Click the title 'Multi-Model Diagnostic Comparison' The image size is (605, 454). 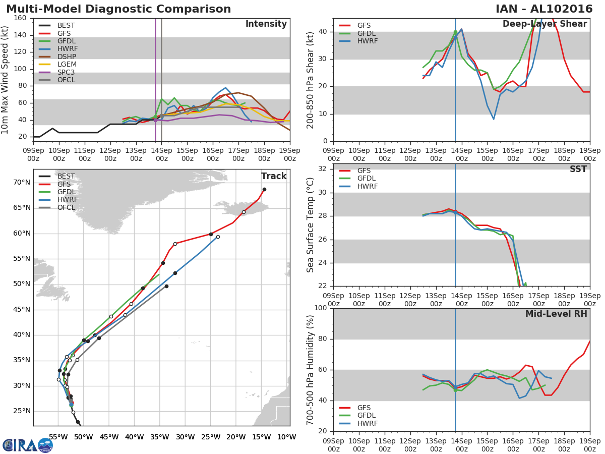coord(118,9)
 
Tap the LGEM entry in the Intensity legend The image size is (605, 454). coord(68,65)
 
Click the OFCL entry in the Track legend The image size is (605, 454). coord(66,208)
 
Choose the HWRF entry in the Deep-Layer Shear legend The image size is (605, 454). coord(367,41)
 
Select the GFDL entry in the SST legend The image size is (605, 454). coord(367,179)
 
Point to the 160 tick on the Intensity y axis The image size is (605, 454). coord(20,18)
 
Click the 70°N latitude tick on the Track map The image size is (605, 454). coord(22,182)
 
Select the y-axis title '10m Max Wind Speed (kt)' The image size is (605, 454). coord(6,80)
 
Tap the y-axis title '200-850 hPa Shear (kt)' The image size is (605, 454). coord(311,80)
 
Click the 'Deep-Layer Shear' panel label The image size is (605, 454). coord(544,24)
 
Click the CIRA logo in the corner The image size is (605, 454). coord(28,445)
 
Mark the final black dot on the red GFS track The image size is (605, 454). coord(264,190)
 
